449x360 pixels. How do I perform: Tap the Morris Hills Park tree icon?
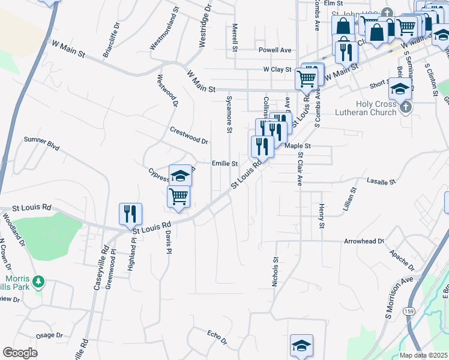point(39,281)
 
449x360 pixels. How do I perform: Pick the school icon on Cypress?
point(180,176)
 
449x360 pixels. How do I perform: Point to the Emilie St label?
point(225,163)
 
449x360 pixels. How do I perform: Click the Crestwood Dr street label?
point(188,135)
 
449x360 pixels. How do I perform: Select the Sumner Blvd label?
point(43,143)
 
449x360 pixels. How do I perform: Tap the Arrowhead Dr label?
point(364,241)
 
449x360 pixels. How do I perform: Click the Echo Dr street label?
point(217,337)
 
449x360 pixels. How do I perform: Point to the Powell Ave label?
point(275,50)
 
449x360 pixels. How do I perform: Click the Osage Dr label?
point(49,335)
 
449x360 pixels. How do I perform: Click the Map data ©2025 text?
point(424,355)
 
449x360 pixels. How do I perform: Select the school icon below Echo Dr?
point(301,345)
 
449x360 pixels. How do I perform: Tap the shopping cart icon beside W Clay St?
point(307,77)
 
